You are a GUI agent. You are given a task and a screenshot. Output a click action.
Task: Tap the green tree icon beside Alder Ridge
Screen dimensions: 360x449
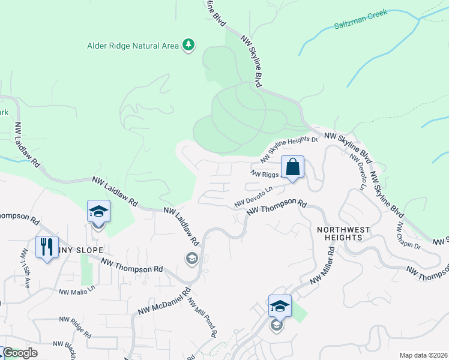pos(189,45)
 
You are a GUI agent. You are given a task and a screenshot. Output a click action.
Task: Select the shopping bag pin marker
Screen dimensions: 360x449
pos(292,167)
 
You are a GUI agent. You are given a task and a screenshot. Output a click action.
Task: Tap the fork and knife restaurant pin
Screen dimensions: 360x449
pos(47,247)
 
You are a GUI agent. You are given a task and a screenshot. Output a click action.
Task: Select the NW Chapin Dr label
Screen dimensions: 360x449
pos(408,236)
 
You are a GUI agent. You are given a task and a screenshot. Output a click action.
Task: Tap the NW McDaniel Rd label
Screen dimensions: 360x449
pos(159,303)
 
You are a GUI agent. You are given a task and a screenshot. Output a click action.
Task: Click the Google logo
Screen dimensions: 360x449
pos(19,353)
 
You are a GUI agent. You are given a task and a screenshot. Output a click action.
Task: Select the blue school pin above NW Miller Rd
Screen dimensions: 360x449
pos(279,307)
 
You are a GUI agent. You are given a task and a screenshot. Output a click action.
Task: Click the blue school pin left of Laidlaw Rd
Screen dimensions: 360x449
pos(98,211)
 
